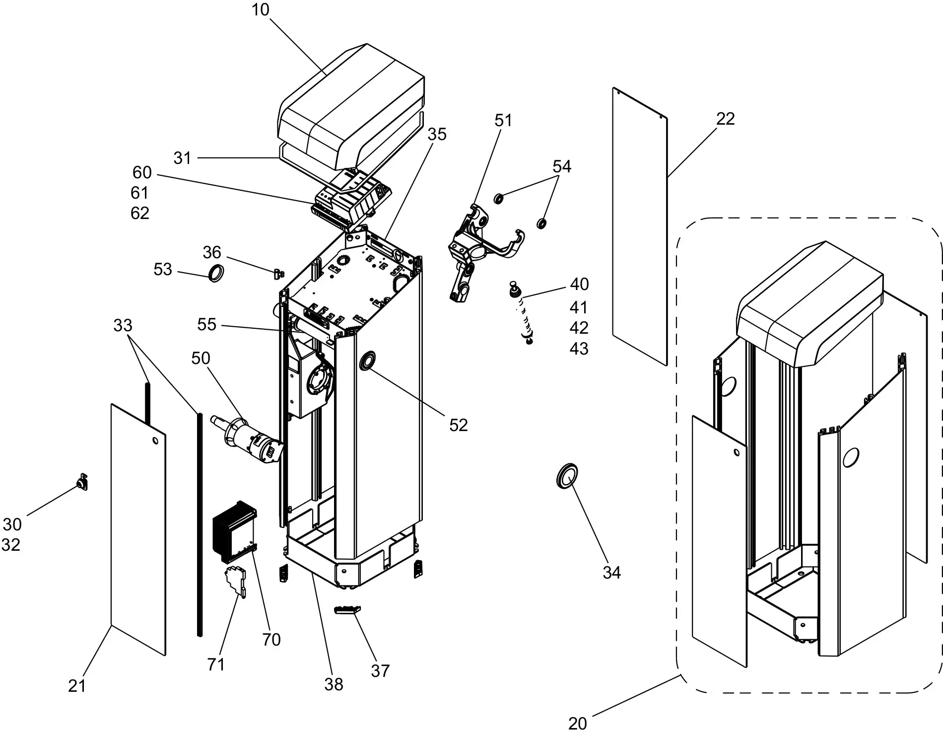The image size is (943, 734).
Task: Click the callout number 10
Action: [x=260, y=9]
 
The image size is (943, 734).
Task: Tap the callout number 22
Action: [x=725, y=119]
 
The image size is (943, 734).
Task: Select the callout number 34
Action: [x=611, y=573]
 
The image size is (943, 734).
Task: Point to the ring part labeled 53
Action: [x=215, y=273]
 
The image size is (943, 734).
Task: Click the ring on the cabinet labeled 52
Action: [x=368, y=360]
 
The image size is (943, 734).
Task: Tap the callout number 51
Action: [x=503, y=120]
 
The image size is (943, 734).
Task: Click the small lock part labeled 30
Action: [x=82, y=482]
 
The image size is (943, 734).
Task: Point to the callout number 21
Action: [x=77, y=686]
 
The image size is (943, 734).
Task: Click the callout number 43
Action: [x=579, y=349]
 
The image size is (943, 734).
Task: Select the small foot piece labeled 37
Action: [x=348, y=610]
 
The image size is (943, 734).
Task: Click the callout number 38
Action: [x=334, y=684]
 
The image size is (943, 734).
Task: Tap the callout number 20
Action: [x=577, y=723]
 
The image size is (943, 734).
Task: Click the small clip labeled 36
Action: [x=279, y=273]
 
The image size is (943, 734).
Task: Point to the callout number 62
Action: [x=140, y=213]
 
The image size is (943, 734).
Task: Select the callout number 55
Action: [x=206, y=324]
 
